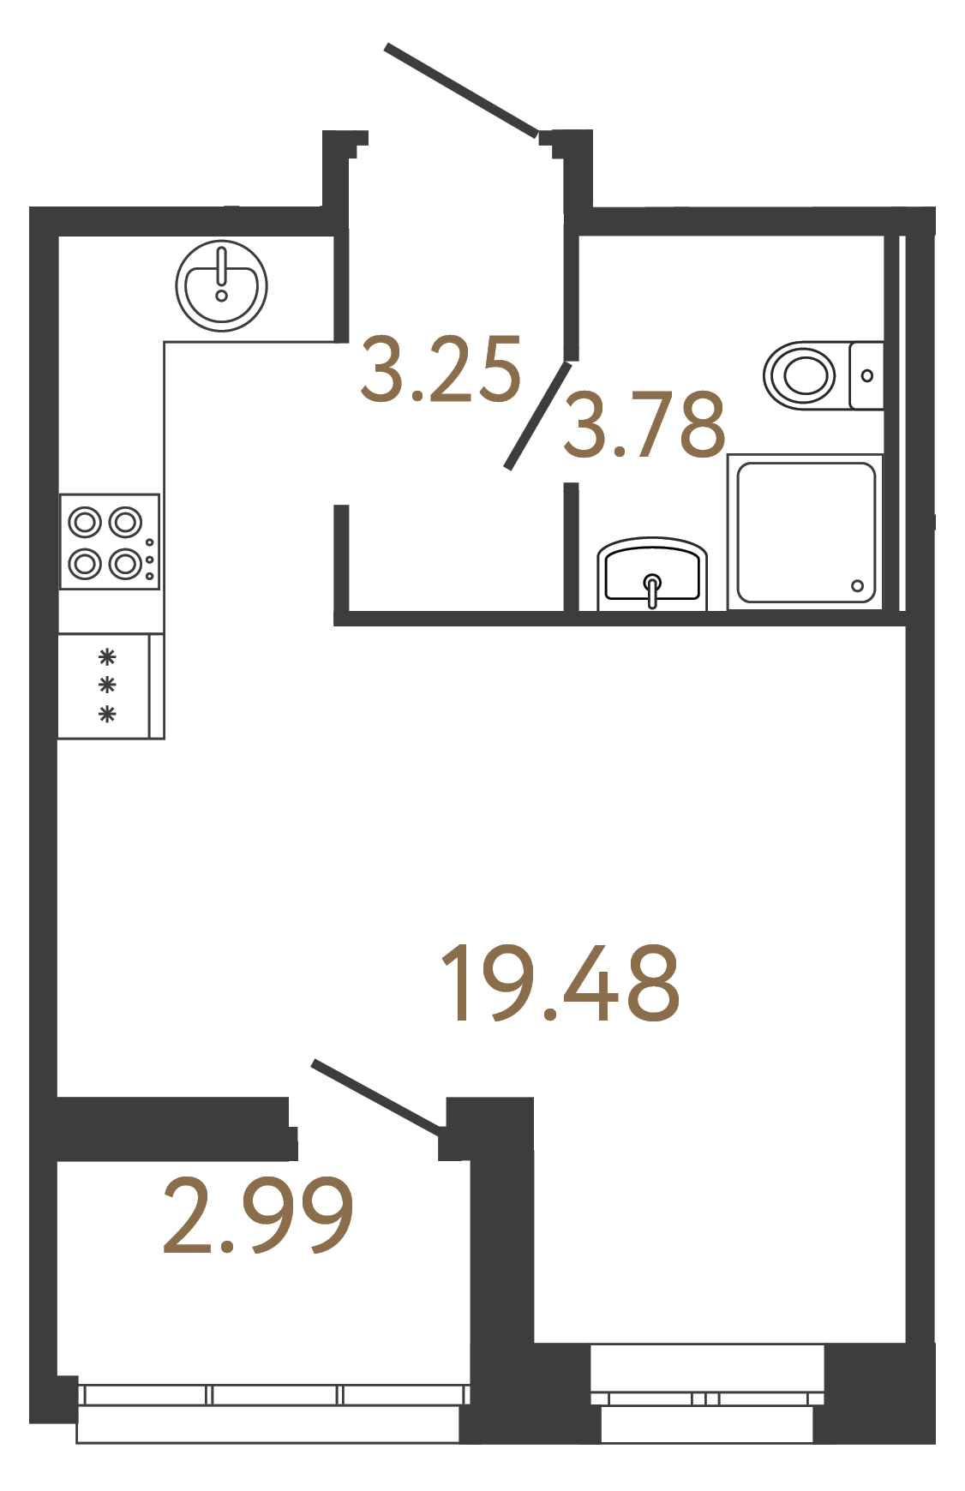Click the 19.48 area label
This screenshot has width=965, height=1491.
click(560, 984)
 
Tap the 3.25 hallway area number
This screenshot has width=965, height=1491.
click(441, 370)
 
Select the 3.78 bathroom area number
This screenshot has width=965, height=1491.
click(644, 424)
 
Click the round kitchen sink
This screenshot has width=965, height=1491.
click(221, 286)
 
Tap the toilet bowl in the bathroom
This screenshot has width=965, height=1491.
click(801, 374)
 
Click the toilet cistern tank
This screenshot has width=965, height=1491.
click(866, 375)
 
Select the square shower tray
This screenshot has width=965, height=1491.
click(806, 532)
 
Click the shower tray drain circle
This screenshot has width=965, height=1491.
click(857, 586)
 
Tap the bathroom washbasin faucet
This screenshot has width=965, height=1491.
click(653, 590)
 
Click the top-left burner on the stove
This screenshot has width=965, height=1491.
click(86, 521)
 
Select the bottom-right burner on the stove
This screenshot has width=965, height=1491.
click(126, 563)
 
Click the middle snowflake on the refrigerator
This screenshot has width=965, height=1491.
click(107, 686)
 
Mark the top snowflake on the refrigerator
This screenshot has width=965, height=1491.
click(107, 658)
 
